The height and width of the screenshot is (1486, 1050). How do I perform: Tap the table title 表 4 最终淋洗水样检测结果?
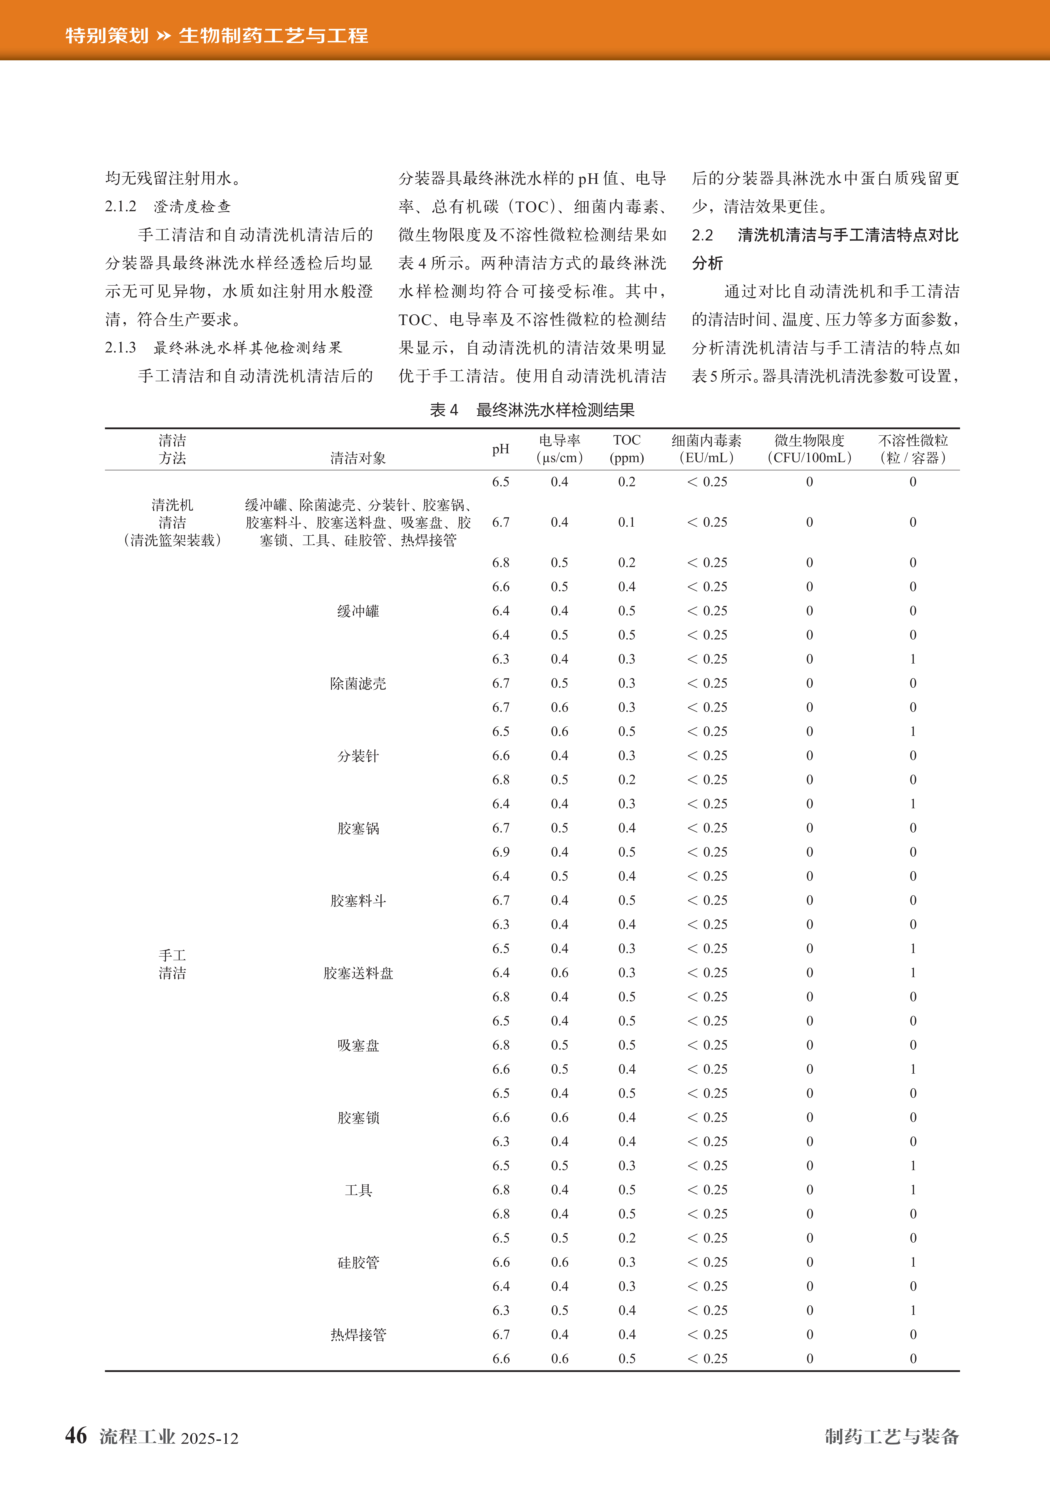(532, 410)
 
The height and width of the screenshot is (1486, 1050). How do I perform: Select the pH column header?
(500, 449)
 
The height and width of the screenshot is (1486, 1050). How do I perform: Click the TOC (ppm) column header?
(626, 449)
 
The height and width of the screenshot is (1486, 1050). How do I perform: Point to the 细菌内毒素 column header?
(707, 449)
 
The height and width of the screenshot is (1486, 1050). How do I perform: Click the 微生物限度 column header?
(809, 449)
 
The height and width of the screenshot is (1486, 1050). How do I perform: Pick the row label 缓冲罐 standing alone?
(358, 611)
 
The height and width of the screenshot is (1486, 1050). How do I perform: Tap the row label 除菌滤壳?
(358, 684)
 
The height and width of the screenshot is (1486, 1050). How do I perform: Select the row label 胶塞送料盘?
(358, 973)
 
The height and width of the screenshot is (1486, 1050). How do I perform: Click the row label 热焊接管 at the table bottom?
(358, 1335)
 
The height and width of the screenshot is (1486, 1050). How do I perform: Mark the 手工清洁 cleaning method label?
(172, 964)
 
